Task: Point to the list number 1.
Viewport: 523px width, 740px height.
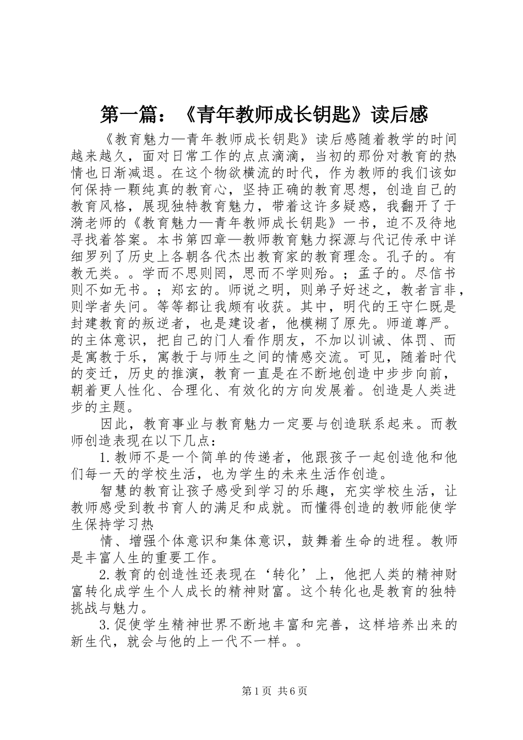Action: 105,458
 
